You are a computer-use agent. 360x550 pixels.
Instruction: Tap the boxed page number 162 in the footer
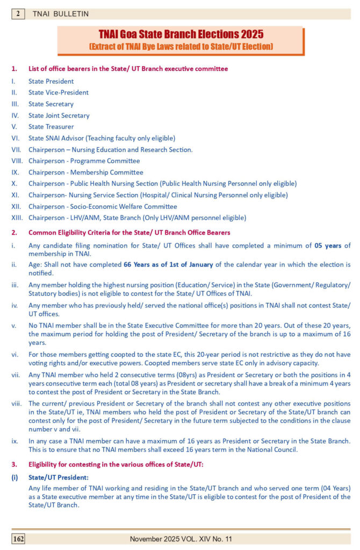[x=18, y=538]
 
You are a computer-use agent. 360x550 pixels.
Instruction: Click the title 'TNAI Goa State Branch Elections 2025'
[x=181, y=35]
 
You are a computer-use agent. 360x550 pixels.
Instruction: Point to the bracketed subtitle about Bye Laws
[x=181, y=47]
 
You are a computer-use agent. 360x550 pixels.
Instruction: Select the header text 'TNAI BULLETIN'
[x=61, y=14]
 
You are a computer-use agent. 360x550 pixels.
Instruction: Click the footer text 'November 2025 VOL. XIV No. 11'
[x=188, y=538]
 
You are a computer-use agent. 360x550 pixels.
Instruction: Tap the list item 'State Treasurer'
[x=51, y=127]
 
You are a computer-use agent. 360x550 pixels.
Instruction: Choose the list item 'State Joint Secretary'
[x=59, y=115]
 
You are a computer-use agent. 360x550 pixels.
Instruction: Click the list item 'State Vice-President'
[x=59, y=92]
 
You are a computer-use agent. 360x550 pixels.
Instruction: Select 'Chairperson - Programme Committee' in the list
[x=84, y=161]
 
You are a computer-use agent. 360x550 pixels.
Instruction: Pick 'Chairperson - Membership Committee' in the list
[x=86, y=172]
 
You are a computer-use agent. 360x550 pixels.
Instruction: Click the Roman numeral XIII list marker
[x=17, y=218]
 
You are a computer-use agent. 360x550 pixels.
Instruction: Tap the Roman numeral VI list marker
[x=15, y=138]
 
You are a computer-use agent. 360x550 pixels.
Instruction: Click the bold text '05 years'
[x=328, y=246]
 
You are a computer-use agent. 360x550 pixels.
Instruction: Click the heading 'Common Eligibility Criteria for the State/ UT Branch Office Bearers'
[x=129, y=233]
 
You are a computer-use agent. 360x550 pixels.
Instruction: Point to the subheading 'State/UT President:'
[x=59, y=477]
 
